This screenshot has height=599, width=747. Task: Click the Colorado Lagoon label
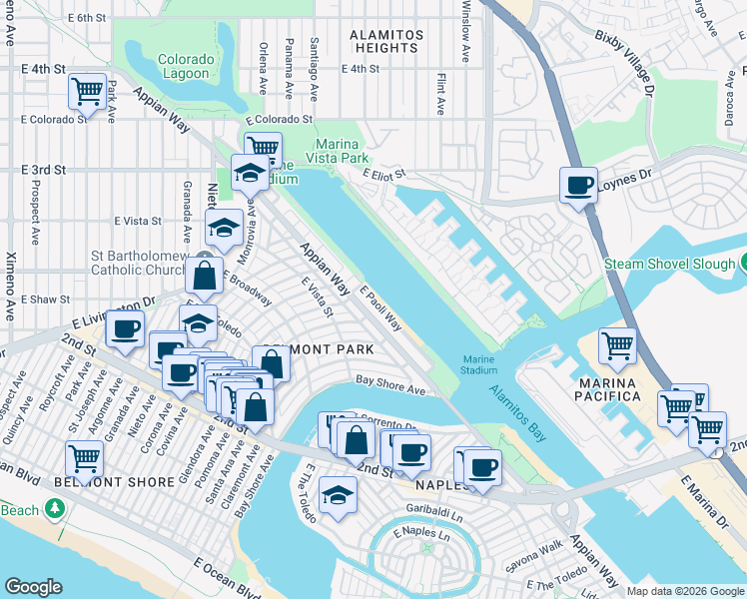pos(184,66)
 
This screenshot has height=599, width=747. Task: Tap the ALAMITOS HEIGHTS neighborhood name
pos(384,41)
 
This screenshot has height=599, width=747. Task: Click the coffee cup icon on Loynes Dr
pos(578,186)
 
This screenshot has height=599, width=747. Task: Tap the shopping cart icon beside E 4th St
pos(88,92)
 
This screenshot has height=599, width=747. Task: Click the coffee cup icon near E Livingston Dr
pos(125,329)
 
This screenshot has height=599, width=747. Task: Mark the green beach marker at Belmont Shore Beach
pos(54,510)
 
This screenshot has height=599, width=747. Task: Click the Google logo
pos(33,587)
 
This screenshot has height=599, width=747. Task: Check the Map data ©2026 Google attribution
pos(684,591)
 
